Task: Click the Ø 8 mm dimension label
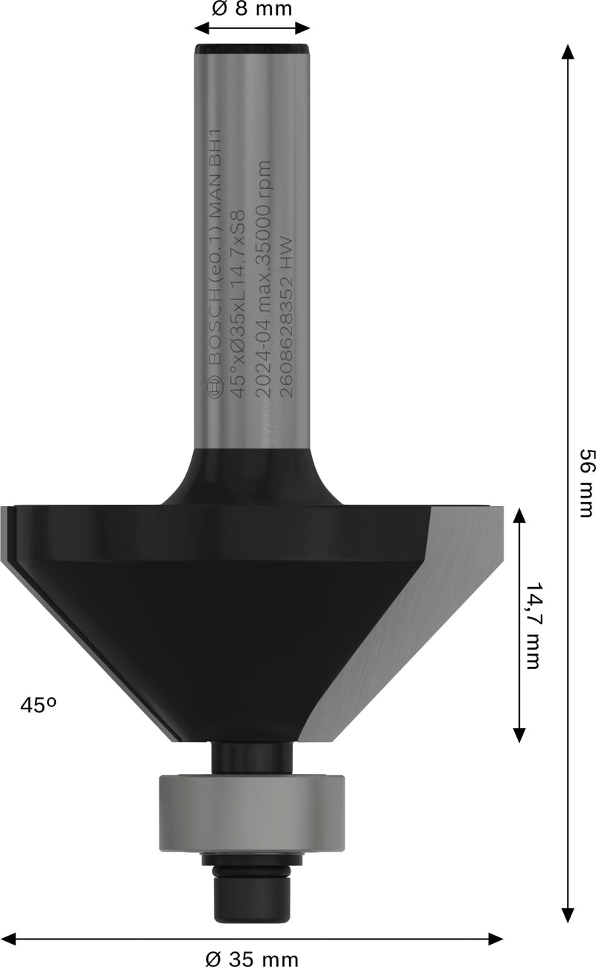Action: pyautogui.click(x=252, y=9)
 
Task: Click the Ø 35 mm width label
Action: pyautogui.click(x=253, y=957)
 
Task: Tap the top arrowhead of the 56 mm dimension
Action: pyautogui.click(x=568, y=52)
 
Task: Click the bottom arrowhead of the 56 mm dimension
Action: pyautogui.click(x=568, y=915)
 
